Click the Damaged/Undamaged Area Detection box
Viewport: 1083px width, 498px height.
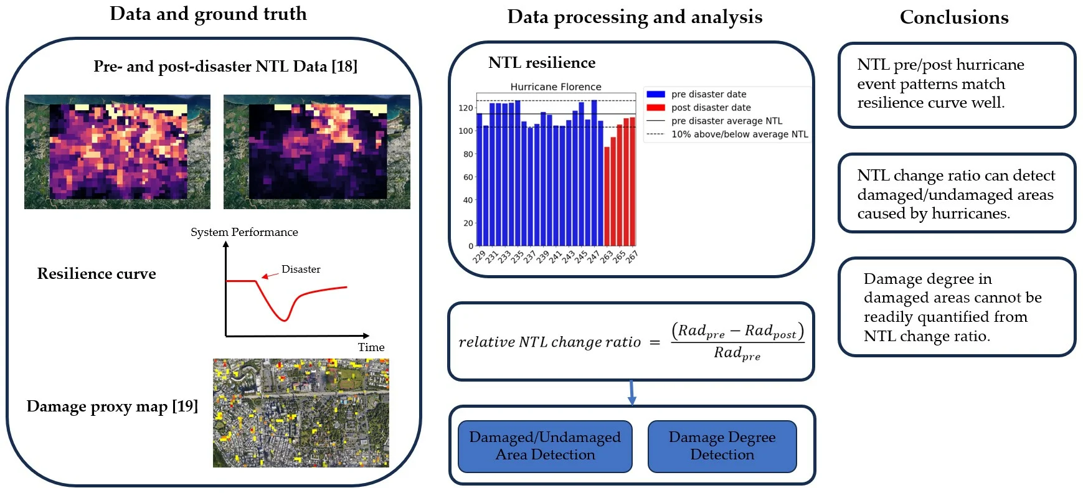coord(545,446)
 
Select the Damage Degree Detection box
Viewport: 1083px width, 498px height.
coord(722,446)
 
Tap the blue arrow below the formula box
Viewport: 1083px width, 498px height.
coord(631,392)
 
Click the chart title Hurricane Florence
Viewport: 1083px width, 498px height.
coord(556,87)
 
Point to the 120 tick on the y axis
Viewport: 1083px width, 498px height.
coord(466,108)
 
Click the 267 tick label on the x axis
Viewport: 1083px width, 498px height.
coord(631,256)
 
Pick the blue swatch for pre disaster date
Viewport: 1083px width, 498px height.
coord(656,95)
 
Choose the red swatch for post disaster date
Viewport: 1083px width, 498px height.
coord(656,108)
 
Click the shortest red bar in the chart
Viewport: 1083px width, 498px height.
coord(607,196)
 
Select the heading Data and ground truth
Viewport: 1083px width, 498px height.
coord(208,14)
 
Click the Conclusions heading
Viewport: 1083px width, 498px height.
coord(954,17)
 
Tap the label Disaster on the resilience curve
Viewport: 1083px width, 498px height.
coord(301,269)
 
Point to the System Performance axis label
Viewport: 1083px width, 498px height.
coord(244,232)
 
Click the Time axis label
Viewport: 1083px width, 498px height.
coord(371,347)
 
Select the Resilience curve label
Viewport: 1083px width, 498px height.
coord(97,273)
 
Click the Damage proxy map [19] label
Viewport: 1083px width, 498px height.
coord(112,406)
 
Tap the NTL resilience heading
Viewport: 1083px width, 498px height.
coord(542,62)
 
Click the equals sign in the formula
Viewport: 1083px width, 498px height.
coord(655,342)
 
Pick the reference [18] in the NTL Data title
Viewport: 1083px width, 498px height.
coord(344,66)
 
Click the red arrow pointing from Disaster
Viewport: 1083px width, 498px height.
coord(269,275)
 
